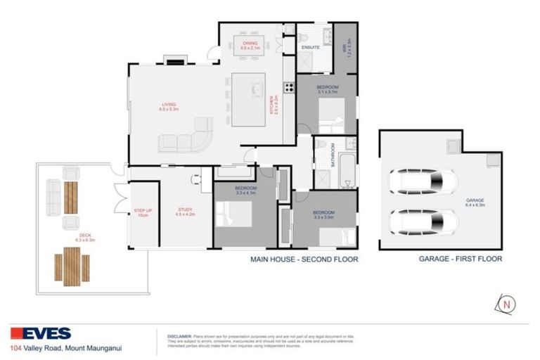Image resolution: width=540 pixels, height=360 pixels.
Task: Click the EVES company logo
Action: tap(40, 333)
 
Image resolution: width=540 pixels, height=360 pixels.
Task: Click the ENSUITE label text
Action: tap(311, 47)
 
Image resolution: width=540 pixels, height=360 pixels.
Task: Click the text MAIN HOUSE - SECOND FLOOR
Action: tap(304, 259)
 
